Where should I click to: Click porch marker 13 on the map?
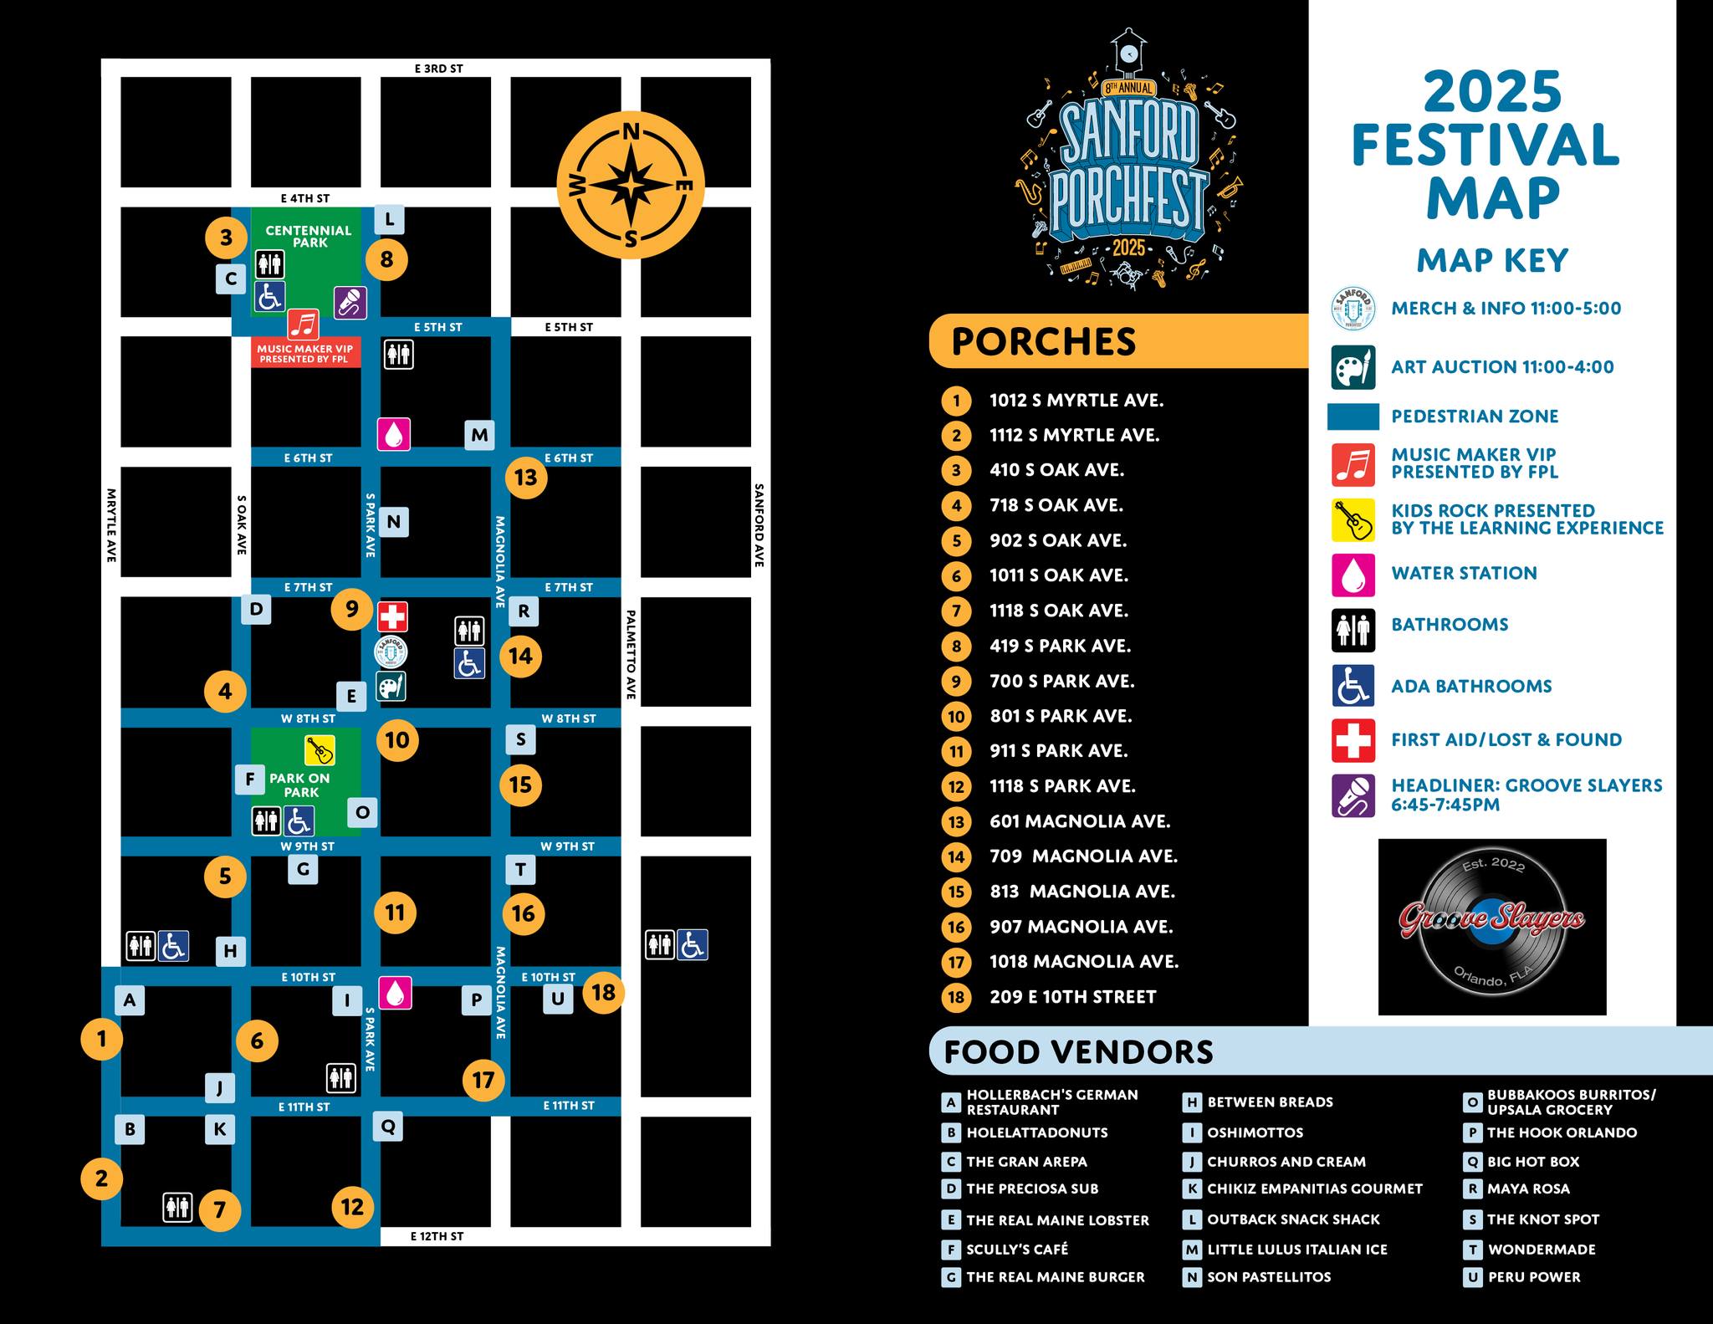click(526, 478)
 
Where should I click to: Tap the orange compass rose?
click(631, 186)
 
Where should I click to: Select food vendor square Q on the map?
click(388, 1126)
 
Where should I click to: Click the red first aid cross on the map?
click(391, 616)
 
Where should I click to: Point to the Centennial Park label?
click(309, 237)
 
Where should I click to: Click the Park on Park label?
click(299, 785)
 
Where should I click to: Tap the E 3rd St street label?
click(438, 69)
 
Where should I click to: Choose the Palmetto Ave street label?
click(631, 655)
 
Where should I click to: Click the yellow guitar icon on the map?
click(320, 750)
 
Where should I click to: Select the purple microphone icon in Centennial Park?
click(350, 302)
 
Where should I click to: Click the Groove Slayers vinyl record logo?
click(1491, 926)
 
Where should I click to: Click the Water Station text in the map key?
click(1464, 574)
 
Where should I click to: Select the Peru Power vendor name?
click(1534, 1277)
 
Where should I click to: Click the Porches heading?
click(1044, 342)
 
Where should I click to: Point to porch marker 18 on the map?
click(603, 993)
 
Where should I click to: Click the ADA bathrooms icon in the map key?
click(1353, 687)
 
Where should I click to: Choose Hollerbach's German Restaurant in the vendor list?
click(1052, 1102)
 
